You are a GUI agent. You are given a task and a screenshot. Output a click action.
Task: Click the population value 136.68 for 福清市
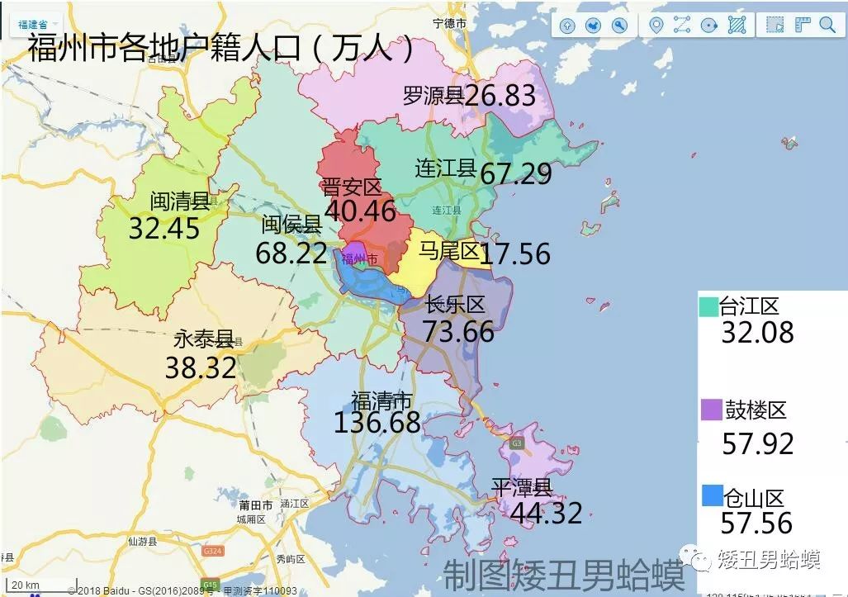tap(377, 423)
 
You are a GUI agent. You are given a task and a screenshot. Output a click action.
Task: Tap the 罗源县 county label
tap(433, 96)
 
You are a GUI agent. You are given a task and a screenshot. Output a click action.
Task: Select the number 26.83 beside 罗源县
tap(500, 96)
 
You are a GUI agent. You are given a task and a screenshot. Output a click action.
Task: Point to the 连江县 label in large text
tap(446, 169)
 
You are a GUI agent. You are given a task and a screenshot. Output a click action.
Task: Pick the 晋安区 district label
tap(352, 187)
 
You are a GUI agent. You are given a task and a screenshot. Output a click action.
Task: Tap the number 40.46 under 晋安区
tap(360, 211)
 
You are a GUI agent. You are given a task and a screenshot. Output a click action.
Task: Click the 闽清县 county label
tap(180, 201)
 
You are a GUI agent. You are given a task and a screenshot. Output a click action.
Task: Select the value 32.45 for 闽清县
tap(164, 228)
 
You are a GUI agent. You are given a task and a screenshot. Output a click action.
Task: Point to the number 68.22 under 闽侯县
tap(291, 253)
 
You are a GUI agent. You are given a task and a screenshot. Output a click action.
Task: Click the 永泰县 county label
tap(204, 339)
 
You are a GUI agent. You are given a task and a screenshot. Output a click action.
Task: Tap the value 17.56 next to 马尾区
tap(514, 253)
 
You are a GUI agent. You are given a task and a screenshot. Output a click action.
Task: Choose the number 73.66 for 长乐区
tap(459, 331)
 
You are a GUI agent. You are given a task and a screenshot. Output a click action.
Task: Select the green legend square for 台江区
tap(708, 306)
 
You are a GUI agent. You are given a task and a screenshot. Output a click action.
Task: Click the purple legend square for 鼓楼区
tap(710, 410)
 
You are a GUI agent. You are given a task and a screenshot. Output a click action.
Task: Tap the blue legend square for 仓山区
tap(711, 495)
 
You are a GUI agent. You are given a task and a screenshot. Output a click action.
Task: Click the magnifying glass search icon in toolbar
tap(827, 25)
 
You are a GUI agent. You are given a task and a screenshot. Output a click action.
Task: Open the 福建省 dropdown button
tap(38, 24)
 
